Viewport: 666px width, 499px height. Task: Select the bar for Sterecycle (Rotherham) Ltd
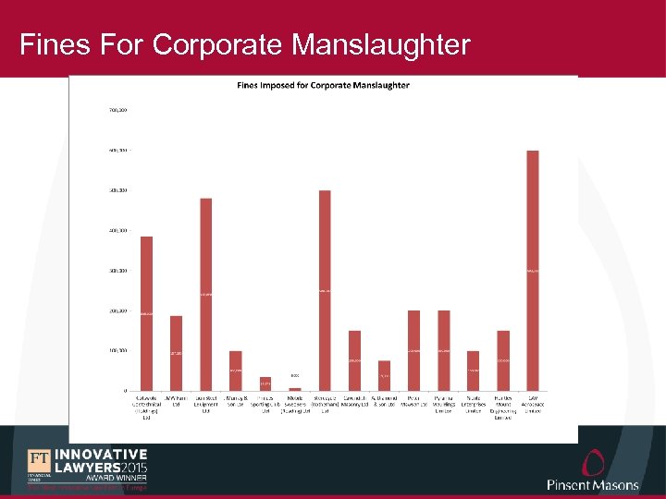(x=325, y=290)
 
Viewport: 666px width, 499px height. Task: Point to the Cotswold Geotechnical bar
(x=146, y=313)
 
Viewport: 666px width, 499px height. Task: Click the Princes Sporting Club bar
(x=265, y=383)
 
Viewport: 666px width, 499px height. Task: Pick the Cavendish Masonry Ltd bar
(x=354, y=360)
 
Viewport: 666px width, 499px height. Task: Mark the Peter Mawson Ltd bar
(x=413, y=350)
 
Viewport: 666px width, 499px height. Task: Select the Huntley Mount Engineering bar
(x=503, y=360)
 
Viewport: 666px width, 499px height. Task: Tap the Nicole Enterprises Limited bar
(x=473, y=371)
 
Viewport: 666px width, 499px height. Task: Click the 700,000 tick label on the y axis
(x=117, y=110)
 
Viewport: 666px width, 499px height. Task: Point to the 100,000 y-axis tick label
(x=117, y=351)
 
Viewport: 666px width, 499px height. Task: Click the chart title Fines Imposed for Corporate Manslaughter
(x=324, y=86)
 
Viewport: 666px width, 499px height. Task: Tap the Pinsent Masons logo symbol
(x=593, y=463)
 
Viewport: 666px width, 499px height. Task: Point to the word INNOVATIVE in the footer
(x=101, y=455)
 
